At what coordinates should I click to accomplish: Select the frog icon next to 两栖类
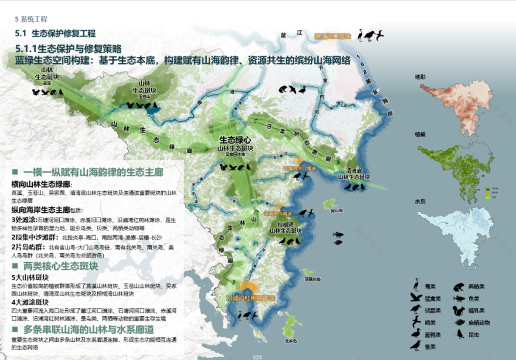click(x=457, y=287)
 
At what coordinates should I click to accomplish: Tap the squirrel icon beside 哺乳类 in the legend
click(x=457, y=310)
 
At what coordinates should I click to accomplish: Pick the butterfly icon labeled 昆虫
click(x=457, y=334)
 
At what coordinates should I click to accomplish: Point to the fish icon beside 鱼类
click(x=457, y=298)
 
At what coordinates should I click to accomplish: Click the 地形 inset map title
click(x=420, y=77)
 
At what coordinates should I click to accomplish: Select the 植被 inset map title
click(x=420, y=134)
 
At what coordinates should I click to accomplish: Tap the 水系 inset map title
click(x=420, y=201)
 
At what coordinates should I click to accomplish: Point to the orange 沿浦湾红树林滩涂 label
click(x=250, y=298)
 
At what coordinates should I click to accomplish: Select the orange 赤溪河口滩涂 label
click(x=278, y=213)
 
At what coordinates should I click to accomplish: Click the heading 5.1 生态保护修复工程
click(x=56, y=33)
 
